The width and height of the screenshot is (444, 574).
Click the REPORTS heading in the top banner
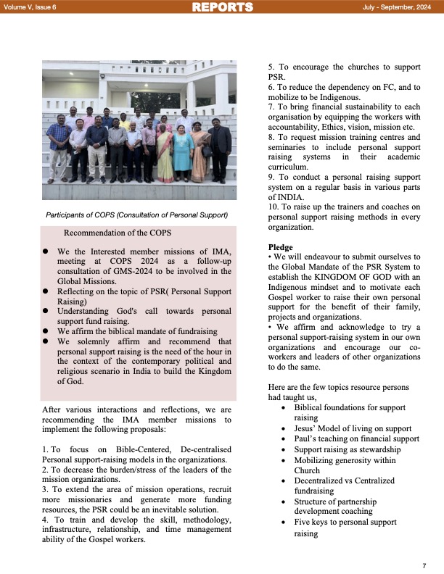[x=222, y=7]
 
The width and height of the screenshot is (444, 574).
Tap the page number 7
[x=424, y=565]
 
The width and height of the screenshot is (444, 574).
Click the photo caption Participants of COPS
[x=136, y=215]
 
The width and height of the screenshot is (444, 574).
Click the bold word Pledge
[x=280, y=247]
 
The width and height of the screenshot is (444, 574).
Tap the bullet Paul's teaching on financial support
[x=356, y=438]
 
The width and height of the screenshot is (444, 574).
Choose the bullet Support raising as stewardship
[x=347, y=449]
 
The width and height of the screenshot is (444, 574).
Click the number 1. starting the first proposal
[x=46, y=451]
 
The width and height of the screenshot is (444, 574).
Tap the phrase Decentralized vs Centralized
[x=345, y=481]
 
